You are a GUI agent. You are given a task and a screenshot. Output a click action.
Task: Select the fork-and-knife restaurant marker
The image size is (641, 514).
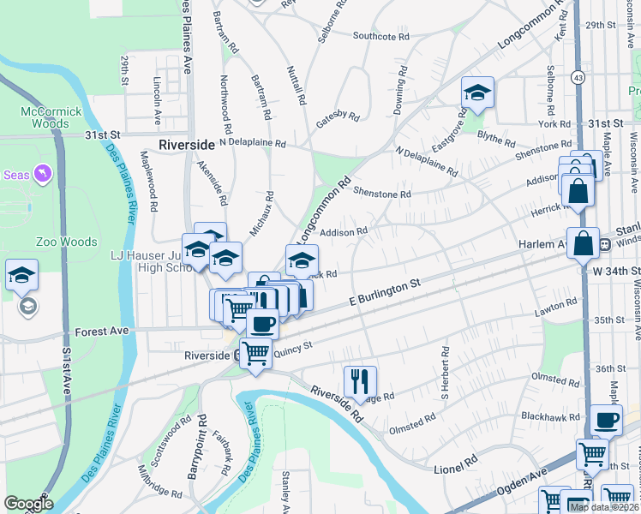(360, 380)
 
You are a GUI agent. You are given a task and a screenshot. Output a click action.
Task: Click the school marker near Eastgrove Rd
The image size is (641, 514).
(477, 93)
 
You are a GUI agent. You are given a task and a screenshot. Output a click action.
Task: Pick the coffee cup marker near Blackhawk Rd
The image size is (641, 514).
(606, 420)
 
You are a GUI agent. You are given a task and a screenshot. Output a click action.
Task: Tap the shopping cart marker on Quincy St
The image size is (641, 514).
(255, 353)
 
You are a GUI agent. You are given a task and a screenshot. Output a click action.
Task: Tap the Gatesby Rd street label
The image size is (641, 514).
(337, 115)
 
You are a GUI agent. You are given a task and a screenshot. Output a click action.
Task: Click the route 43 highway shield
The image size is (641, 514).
(580, 77)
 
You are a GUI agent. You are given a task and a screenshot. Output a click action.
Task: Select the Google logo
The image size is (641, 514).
(28, 504)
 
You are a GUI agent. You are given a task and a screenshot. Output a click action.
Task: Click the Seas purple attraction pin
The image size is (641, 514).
(41, 176)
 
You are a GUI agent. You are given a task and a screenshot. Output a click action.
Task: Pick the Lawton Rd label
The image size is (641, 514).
(558, 305)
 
